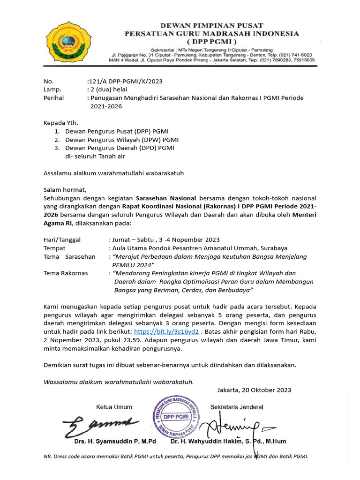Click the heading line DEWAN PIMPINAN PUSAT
212,25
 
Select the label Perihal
53,98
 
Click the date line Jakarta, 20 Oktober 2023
255,390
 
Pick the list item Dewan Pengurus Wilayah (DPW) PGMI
122,140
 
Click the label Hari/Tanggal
62,240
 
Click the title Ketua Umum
114,407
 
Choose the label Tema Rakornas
66,273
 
